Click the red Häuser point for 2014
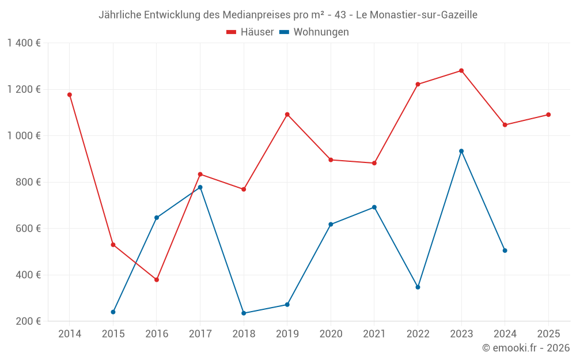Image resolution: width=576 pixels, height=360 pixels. (70, 94)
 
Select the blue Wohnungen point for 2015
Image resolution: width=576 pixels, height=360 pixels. (113, 312)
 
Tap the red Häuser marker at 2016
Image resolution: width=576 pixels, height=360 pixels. (157, 280)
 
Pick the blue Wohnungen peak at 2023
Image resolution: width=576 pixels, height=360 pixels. (461, 151)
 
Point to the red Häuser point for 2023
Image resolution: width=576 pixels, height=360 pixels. (461, 71)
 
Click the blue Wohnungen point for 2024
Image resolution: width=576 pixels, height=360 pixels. (505, 251)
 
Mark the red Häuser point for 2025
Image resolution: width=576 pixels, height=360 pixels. (548, 115)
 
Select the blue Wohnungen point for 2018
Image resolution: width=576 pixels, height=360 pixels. (244, 313)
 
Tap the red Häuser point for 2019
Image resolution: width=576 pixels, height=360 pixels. (287, 115)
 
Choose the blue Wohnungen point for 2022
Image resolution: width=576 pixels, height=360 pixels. (418, 287)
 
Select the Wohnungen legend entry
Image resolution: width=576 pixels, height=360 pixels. (314, 32)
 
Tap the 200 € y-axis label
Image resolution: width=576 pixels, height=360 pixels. (28, 321)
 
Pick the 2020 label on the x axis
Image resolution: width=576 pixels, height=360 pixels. (331, 334)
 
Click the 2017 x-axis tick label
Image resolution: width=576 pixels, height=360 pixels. (200, 334)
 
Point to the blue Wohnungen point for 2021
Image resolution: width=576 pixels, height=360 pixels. (374, 207)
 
